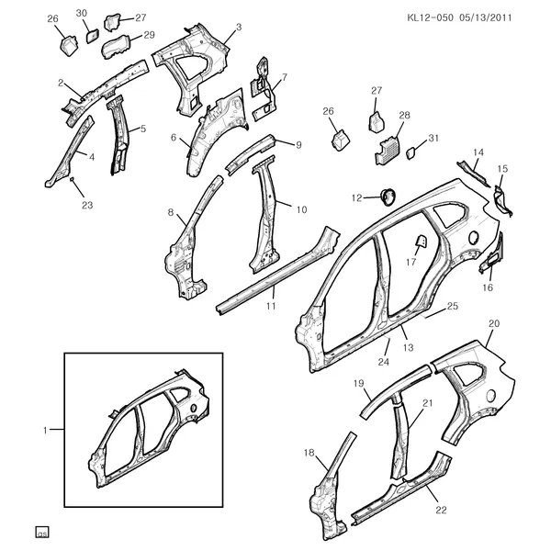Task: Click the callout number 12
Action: click(x=356, y=197)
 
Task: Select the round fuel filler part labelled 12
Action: click(x=388, y=197)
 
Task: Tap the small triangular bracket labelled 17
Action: click(x=421, y=241)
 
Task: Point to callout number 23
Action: click(x=87, y=205)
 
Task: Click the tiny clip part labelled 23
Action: click(x=72, y=179)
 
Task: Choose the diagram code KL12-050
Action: click(x=431, y=17)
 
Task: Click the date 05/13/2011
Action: click(x=485, y=17)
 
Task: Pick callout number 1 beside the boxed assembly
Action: click(x=45, y=430)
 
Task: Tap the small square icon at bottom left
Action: click(x=42, y=533)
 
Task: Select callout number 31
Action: click(x=433, y=138)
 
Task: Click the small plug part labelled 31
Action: click(x=410, y=154)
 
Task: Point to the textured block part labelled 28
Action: click(x=388, y=151)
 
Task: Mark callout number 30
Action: click(x=81, y=14)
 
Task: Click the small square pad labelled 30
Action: click(x=93, y=36)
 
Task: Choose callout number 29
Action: click(x=149, y=35)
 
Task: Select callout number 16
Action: click(x=488, y=287)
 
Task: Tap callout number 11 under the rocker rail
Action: click(x=271, y=306)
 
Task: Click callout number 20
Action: click(x=494, y=323)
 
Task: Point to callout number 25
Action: click(x=453, y=306)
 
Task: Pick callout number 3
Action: click(x=239, y=27)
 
